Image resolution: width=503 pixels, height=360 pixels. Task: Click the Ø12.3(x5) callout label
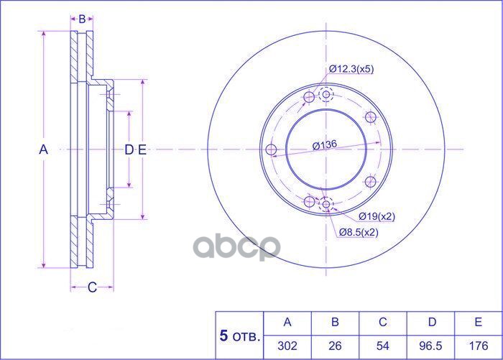pos(351,69)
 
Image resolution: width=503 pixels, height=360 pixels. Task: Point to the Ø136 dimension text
pos(325,145)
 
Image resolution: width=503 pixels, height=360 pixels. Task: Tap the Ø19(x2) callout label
pos(377,216)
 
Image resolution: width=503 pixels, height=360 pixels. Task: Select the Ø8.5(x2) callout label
pos(359,232)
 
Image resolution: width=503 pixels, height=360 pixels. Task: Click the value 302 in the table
pos(287,346)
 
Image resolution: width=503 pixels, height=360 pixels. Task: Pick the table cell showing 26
pos(335,346)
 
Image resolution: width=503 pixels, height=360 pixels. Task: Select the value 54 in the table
pos(383,346)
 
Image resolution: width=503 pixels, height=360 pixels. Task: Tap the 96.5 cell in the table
pos(430,346)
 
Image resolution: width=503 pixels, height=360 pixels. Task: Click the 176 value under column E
pos(479,346)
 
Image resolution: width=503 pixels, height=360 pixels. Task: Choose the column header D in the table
pos(432,322)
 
